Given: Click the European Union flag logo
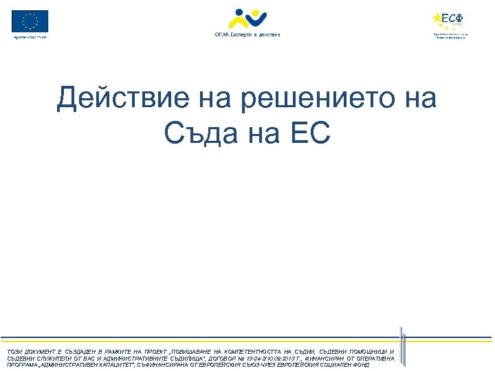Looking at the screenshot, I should (30, 21).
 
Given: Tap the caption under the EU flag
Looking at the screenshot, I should (30, 36).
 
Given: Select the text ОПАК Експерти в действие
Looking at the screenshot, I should (247, 34).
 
